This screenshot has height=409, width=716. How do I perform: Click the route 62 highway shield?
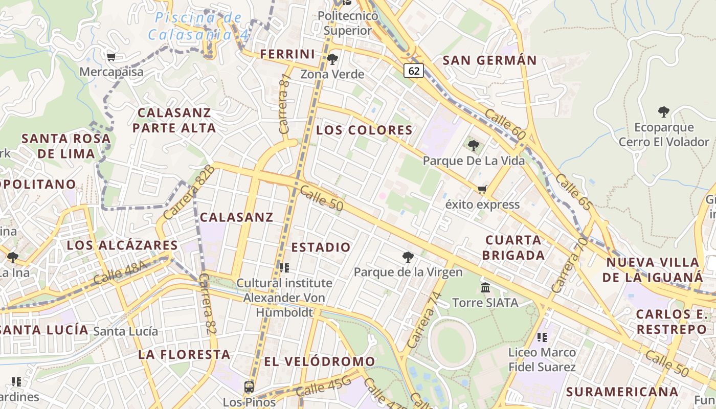point(414,71)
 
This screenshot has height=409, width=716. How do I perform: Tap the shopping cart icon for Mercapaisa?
point(111,57)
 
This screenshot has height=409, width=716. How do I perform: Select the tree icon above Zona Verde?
point(332,59)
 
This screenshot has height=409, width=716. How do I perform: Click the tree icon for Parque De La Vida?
point(474,146)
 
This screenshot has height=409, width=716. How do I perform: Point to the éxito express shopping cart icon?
point(482,190)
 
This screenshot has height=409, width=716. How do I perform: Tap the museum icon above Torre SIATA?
point(485,288)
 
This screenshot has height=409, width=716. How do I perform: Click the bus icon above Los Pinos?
point(249,387)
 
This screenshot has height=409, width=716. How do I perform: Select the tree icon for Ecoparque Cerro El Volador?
point(664,112)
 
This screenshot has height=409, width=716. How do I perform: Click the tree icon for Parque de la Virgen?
point(408,257)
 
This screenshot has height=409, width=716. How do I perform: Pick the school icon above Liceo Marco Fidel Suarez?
point(542,337)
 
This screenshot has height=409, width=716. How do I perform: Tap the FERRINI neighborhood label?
point(287,54)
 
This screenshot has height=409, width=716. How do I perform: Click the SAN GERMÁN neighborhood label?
point(489,60)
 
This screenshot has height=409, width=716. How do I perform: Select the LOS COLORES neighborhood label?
point(364,130)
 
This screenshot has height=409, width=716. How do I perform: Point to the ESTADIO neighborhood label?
point(321,247)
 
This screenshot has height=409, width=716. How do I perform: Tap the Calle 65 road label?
point(574,192)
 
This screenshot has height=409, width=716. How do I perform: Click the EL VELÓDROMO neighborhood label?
point(320,361)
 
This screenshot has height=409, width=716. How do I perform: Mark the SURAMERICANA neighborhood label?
point(622,392)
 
